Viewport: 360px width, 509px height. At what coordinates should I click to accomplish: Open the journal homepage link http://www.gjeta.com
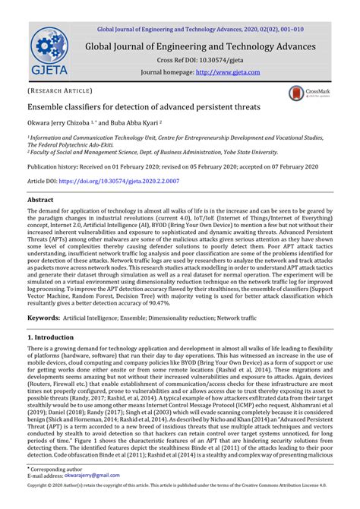pyautogui.click(x=228, y=73)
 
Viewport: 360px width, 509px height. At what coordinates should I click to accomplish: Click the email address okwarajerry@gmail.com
pyautogui.click(x=91, y=475)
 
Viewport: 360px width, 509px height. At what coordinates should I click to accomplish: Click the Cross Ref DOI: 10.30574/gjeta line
pyautogui.click(x=199, y=60)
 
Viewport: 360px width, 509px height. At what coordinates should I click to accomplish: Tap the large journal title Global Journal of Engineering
pyautogui.click(x=199, y=46)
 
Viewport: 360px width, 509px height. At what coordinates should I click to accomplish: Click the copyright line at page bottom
pyautogui.click(x=179, y=484)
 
